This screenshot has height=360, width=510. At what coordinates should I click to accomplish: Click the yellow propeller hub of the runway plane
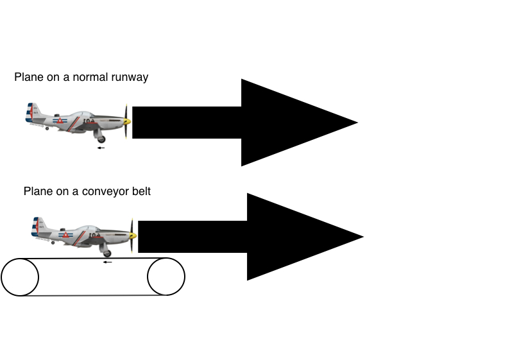click(x=128, y=121)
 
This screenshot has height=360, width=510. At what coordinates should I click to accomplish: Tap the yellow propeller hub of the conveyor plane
click(x=133, y=236)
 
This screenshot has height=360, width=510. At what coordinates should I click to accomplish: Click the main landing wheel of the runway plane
click(x=100, y=137)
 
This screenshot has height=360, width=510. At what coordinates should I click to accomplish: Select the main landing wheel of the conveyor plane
click(x=106, y=252)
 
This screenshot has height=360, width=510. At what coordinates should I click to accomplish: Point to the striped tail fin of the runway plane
click(x=31, y=112)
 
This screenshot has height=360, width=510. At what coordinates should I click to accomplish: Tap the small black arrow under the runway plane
click(x=101, y=148)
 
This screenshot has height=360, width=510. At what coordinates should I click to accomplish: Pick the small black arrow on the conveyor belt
click(x=107, y=262)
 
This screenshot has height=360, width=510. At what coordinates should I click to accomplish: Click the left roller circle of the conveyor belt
click(x=20, y=277)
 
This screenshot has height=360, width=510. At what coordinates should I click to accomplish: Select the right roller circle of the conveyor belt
click(x=166, y=277)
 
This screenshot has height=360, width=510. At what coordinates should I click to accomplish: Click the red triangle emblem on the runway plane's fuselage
click(x=60, y=121)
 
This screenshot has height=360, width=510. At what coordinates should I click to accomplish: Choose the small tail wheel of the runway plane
click(x=47, y=128)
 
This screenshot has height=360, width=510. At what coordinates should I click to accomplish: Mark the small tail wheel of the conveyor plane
click(x=53, y=243)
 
